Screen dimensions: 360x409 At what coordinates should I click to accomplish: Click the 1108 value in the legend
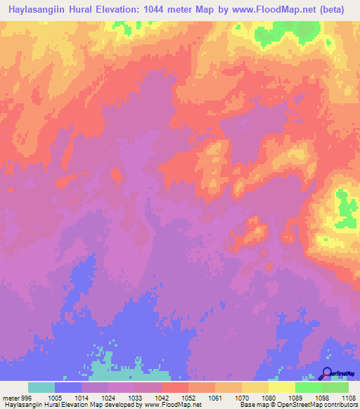349,397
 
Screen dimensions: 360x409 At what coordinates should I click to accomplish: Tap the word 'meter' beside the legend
11,397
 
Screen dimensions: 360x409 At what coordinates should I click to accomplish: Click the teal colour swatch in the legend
41,387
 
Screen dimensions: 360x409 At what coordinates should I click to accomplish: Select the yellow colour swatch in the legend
281,387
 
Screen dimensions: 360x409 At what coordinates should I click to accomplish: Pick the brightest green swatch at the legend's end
335,387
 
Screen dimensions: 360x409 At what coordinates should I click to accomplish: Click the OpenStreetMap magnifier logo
328,374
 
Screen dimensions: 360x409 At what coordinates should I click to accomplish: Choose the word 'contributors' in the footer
341,405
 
